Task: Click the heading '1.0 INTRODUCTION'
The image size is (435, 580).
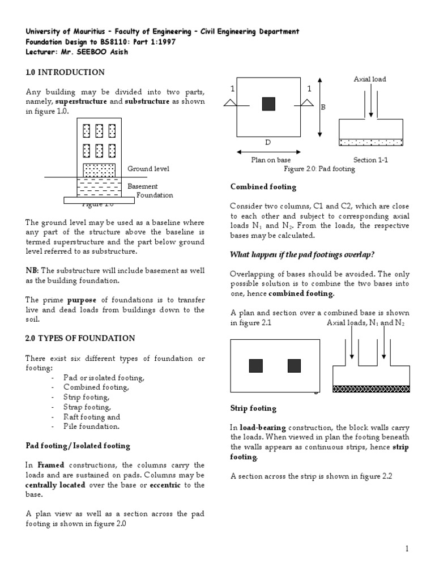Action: click(x=65, y=72)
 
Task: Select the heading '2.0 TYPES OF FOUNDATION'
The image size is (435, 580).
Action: click(x=80, y=338)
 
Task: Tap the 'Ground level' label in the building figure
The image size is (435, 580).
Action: click(x=148, y=169)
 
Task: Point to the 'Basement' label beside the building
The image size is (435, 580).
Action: click(x=143, y=186)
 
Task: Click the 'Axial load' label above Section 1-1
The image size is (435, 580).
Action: click(x=370, y=79)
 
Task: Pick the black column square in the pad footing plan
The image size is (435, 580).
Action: click(x=268, y=104)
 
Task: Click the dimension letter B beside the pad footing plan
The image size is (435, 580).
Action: click(x=324, y=106)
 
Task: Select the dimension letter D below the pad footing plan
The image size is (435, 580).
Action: click(x=268, y=142)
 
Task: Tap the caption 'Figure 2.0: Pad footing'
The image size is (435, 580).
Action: click(x=319, y=169)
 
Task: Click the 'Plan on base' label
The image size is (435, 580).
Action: click(x=271, y=160)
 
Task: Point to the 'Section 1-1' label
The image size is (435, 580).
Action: click(x=371, y=160)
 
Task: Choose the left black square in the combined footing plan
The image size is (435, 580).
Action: click(x=255, y=366)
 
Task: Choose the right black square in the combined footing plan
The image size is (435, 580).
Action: click(x=294, y=366)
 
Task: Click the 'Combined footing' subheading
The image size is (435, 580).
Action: click(x=263, y=186)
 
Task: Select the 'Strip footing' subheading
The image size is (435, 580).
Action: click(x=253, y=408)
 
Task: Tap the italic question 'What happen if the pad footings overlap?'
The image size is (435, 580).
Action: click(x=303, y=254)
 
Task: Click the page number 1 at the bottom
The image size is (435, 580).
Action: click(x=407, y=549)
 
